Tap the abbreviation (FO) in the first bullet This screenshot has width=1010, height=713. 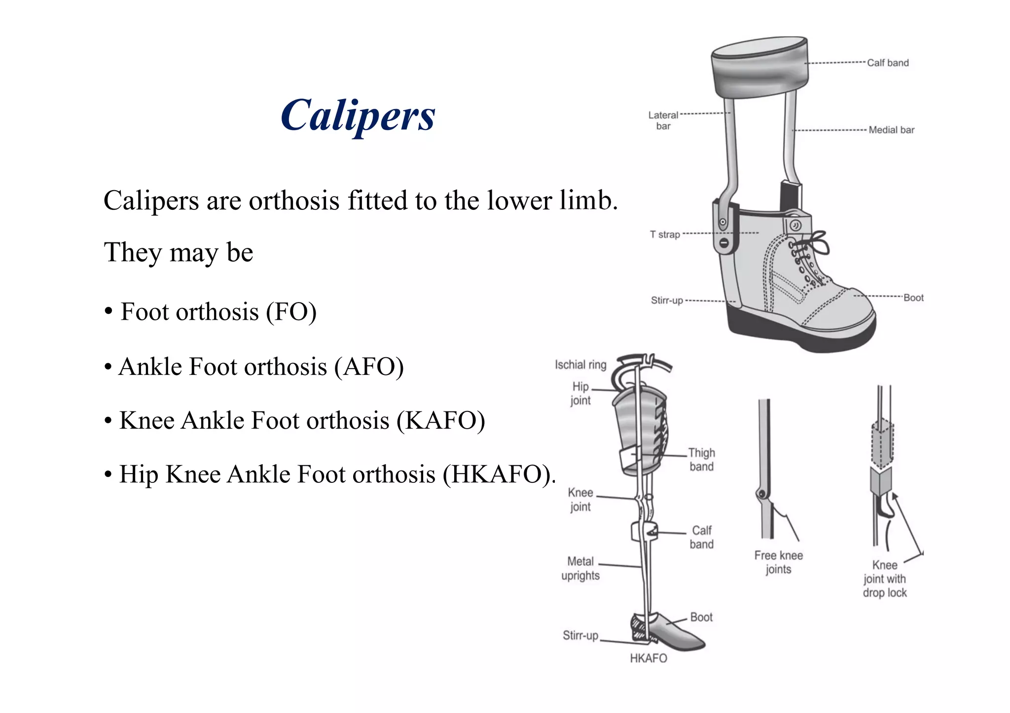(291, 312)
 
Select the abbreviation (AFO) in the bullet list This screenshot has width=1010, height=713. (369, 367)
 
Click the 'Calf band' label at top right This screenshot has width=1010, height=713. (888, 63)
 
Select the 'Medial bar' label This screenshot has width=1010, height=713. (891, 130)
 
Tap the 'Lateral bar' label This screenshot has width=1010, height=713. (663, 121)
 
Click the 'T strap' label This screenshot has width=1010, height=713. (665, 235)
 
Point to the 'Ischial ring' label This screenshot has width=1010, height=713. (580, 365)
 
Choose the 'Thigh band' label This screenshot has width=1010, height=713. (701, 460)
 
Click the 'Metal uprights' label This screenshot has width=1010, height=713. (580, 569)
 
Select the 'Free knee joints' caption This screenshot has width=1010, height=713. (778, 562)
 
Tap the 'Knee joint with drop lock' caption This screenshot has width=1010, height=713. (885, 579)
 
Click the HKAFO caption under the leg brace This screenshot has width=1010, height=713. (649, 658)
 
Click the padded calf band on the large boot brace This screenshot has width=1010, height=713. (759, 69)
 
